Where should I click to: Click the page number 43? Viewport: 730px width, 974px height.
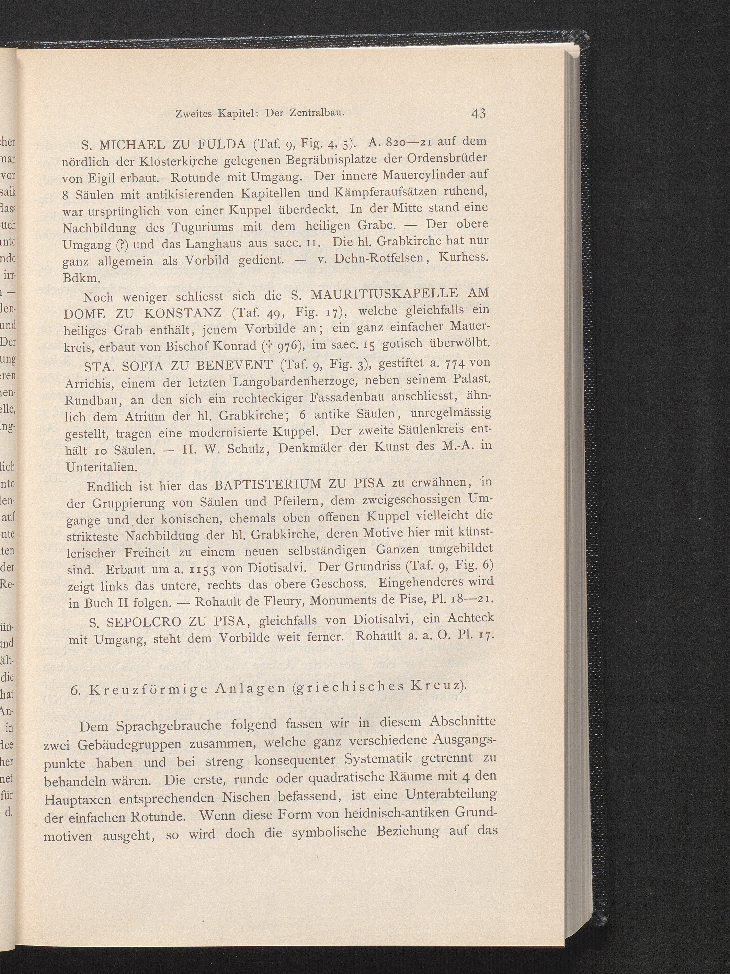pyautogui.click(x=478, y=114)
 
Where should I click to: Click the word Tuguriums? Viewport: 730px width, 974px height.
pyautogui.click(x=192, y=227)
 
